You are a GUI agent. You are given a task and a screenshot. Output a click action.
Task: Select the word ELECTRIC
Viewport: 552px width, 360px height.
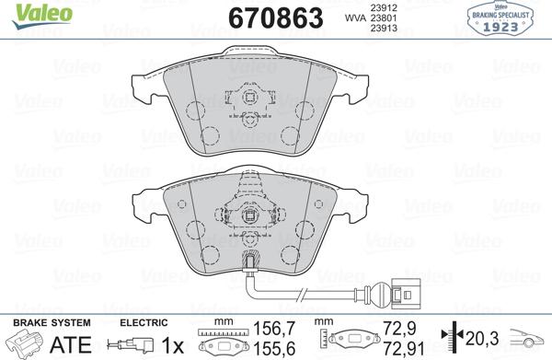[x=145, y=324]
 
